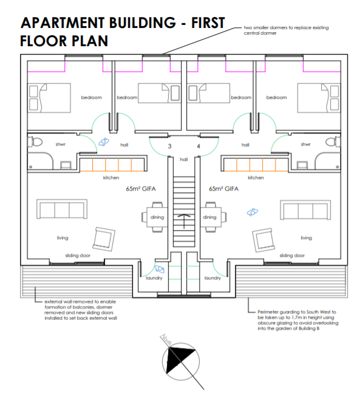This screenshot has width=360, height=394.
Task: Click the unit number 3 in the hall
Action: click(x=169, y=146)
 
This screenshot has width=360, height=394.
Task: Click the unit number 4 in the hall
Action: click(x=199, y=146)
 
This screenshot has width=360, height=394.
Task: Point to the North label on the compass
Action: click(x=166, y=340)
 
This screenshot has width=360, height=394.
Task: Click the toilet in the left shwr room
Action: click(x=35, y=142)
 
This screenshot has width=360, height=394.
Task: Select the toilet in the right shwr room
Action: click(x=333, y=142)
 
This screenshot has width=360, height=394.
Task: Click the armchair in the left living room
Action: click(x=104, y=239)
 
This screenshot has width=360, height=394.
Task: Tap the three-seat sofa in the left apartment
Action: click(x=62, y=209)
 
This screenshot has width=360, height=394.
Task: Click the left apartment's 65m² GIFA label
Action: click(x=141, y=188)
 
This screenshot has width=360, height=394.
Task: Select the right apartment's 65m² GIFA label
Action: click(x=223, y=188)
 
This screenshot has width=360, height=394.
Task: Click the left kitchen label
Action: click(x=111, y=178)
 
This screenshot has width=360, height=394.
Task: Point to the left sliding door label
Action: click(x=78, y=256)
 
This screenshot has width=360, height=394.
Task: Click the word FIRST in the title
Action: click(x=208, y=22)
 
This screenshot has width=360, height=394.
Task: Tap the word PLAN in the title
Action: click(x=89, y=41)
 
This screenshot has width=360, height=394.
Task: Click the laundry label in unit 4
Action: click(x=212, y=278)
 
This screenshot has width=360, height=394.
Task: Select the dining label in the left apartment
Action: click(x=157, y=217)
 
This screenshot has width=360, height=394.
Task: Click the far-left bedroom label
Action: click(x=92, y=97)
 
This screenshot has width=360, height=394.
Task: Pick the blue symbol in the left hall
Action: click(x=103, y=142)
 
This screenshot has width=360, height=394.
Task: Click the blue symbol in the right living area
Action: click(x=253, y=212)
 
